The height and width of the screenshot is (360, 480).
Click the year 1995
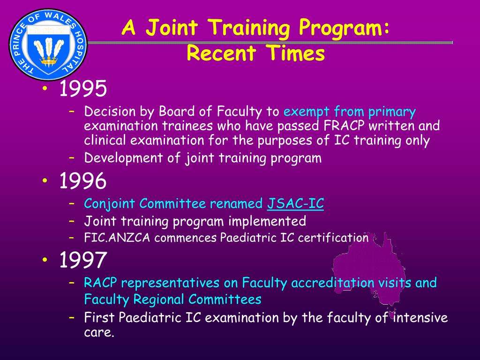[83, 89]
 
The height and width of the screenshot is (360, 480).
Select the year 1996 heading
[83, 181]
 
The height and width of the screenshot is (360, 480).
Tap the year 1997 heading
[83, 260]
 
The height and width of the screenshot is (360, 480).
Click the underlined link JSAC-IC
[295, 204]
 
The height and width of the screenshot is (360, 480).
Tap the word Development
[119, 158]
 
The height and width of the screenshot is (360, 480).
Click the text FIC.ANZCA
[118, 238]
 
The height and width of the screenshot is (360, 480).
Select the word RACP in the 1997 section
[100, 283]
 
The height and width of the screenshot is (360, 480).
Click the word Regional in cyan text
[160, 299]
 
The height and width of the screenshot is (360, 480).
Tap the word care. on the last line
[99, 333]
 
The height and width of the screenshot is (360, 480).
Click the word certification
[333, 238]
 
